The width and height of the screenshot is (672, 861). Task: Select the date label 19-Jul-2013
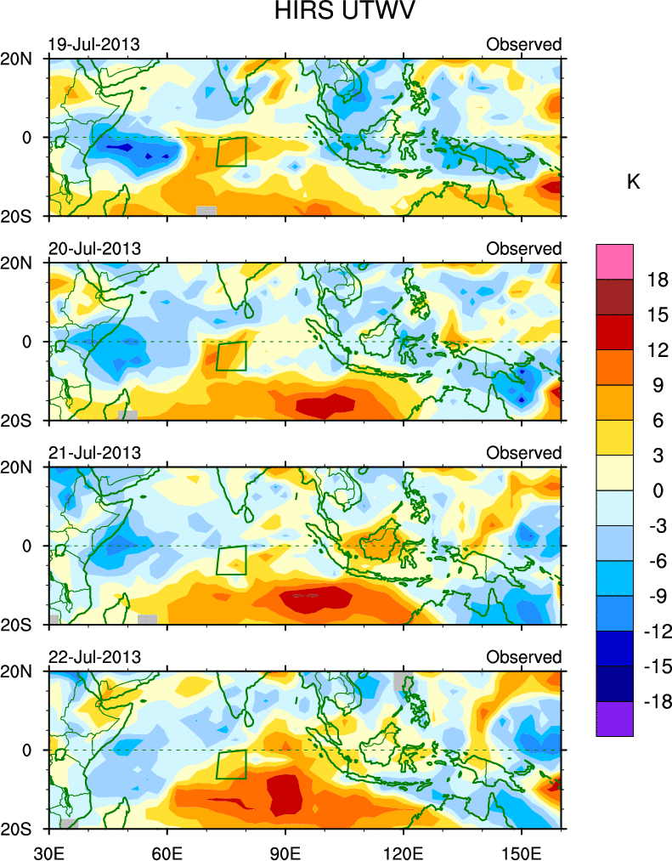point(93,44)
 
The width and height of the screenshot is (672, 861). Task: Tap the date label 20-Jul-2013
point(93,248)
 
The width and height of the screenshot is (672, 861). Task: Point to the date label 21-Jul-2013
point(93,453)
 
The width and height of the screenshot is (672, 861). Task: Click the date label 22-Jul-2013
point(93,657)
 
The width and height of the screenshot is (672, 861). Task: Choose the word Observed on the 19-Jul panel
point(523,44)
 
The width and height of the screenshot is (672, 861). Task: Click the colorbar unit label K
point(633,182)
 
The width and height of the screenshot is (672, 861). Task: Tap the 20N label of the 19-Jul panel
point(23,59)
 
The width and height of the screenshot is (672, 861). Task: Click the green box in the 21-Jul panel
point(231,560)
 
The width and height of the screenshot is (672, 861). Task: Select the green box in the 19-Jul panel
point(231,151)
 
